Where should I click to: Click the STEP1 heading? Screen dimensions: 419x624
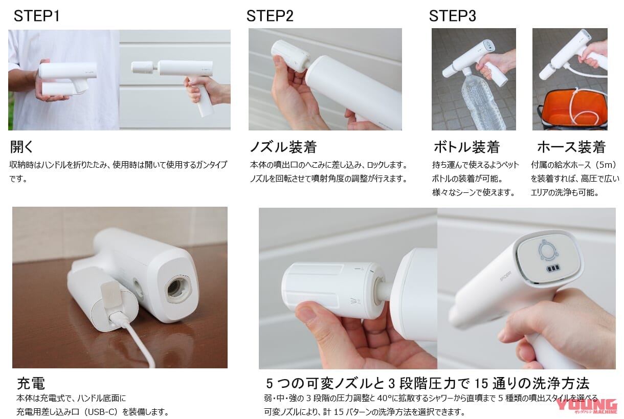point(37,16)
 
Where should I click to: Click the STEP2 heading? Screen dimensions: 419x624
point(270,16)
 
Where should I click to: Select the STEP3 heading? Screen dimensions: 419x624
point(452,16)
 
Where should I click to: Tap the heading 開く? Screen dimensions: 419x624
point(22,147)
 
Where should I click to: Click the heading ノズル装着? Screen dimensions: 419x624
point(283,147)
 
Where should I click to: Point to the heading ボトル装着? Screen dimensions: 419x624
point(466,147)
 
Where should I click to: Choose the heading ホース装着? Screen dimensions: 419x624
point(571,147)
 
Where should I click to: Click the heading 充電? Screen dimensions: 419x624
point(31,383)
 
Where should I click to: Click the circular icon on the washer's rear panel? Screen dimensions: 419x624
point(549,251)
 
